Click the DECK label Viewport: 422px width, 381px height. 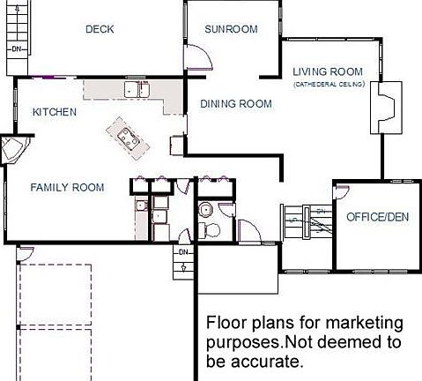click(100, 29)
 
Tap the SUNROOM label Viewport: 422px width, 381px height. click(231, 29)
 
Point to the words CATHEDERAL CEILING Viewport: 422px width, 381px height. click(328, 84)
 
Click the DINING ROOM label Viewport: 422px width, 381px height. click(235, 103)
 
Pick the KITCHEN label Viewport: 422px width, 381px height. click(55, 112)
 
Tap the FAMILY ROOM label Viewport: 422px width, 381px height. click(67, 187)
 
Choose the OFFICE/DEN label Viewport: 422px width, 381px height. click(377, 216)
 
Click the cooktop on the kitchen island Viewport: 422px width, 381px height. click(125, 135)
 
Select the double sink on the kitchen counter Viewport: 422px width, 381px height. click(137, 88)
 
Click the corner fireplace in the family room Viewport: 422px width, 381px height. click(15, 151)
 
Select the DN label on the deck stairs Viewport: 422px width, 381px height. click(15, 49)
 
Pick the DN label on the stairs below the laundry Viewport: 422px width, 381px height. click(183, 253)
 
